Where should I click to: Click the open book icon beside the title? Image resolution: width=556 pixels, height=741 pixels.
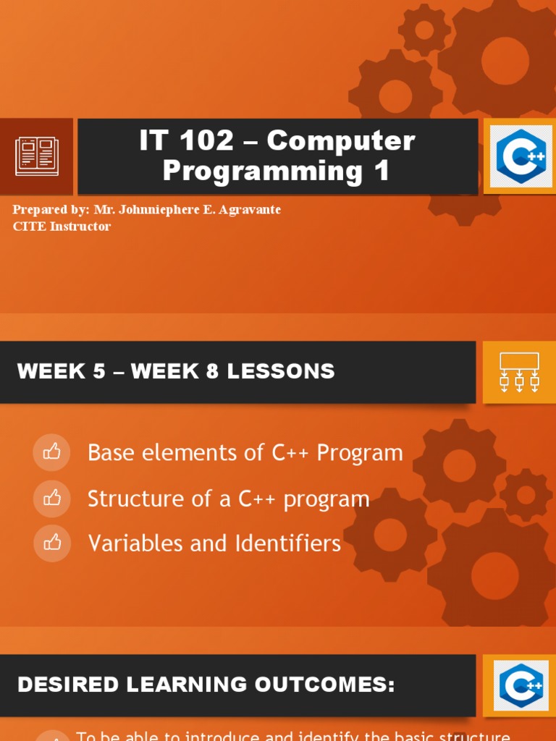36,156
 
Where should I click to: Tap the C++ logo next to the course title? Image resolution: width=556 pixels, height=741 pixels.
519,156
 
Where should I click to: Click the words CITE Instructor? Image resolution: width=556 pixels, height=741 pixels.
62,226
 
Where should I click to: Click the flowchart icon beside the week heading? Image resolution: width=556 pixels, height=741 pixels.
519,372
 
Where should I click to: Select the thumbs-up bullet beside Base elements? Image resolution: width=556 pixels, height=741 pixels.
52,452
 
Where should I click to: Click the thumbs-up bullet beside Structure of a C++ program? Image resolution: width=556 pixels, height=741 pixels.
52,498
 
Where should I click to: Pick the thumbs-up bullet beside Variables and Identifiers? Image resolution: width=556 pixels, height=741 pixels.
52,543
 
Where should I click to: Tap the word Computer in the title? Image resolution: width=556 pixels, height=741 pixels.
341,141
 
